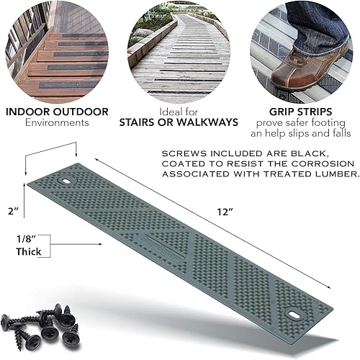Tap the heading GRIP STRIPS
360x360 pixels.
pos(302,113)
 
